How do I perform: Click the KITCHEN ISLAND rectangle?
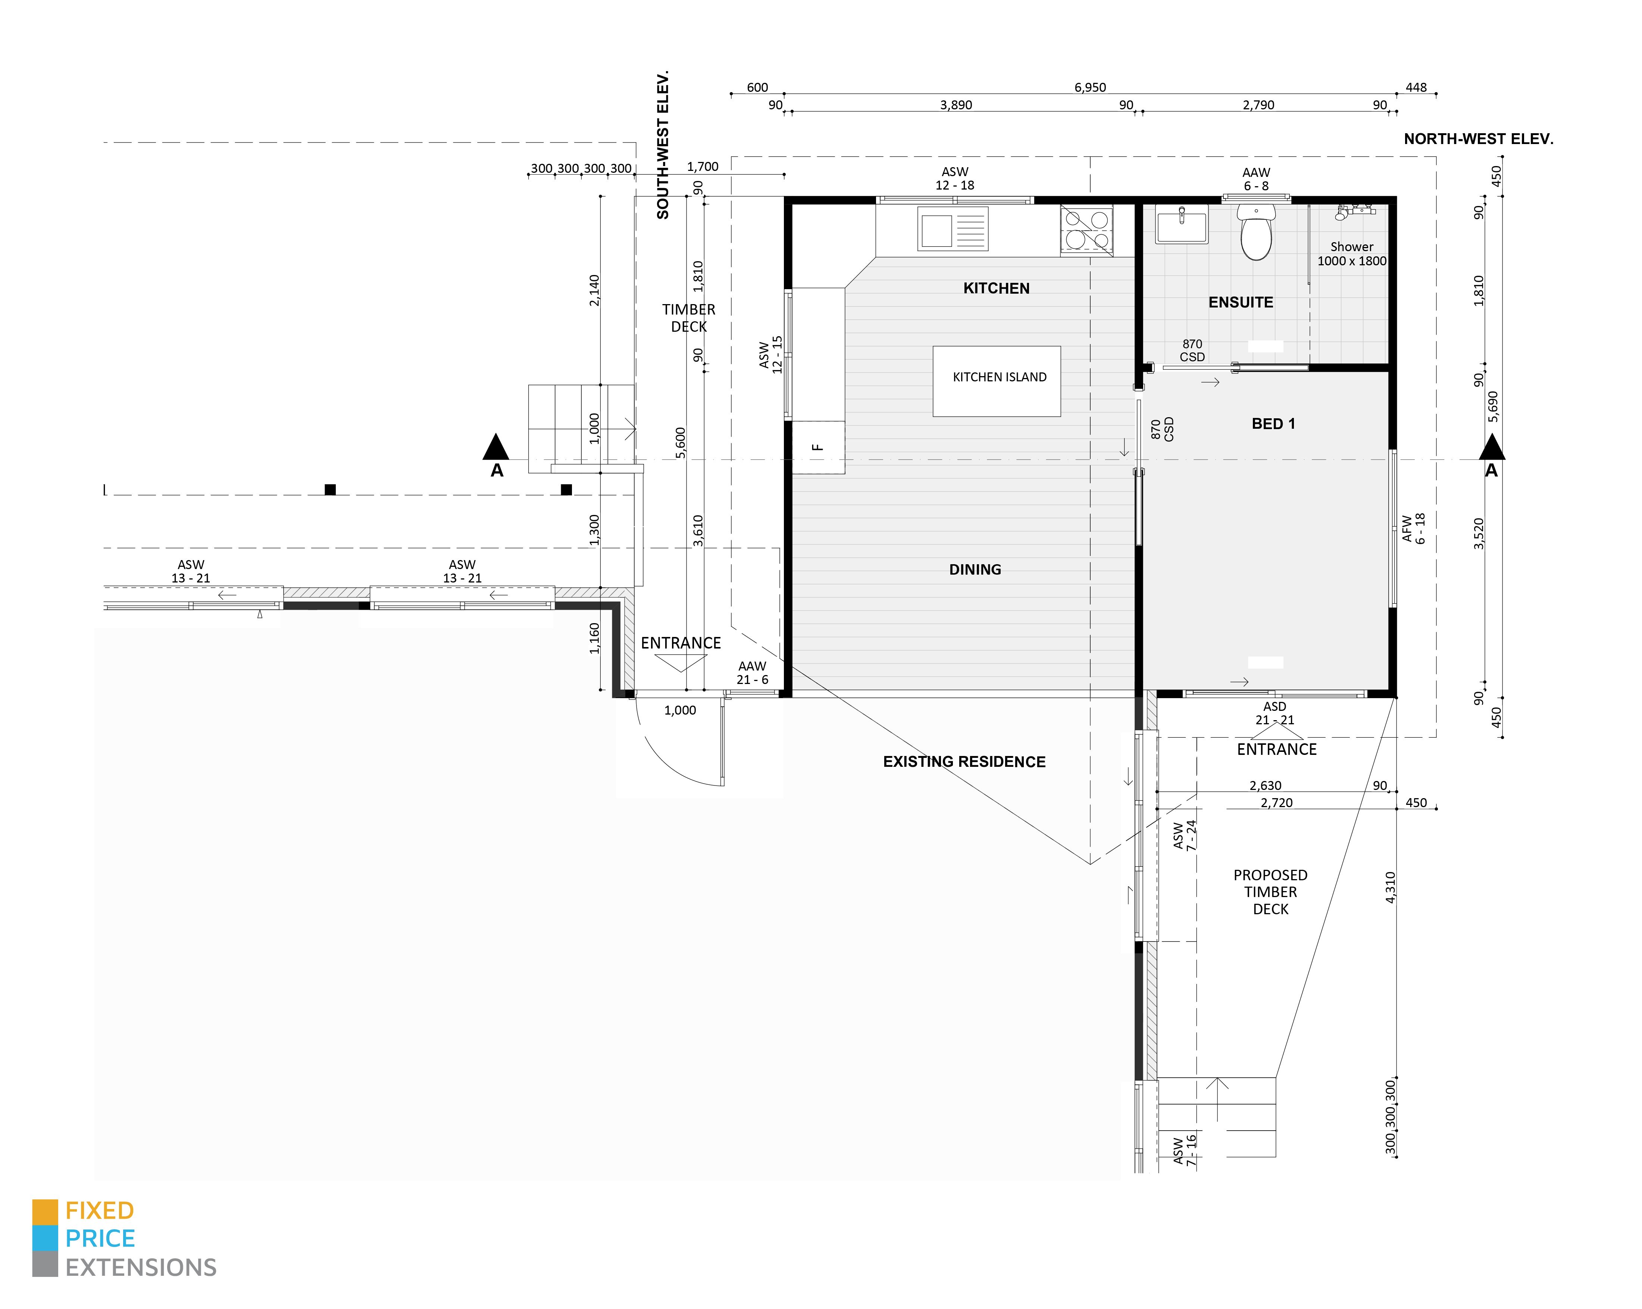(x=996, y=381)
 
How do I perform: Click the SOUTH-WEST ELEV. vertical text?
(x=663, y=145)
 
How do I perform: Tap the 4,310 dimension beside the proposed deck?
(x=1390, y=887)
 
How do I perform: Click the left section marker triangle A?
(x=496, y=448)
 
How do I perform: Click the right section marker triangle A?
(x=1491, y=448)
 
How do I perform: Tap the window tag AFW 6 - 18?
(x=1413, y=528)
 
